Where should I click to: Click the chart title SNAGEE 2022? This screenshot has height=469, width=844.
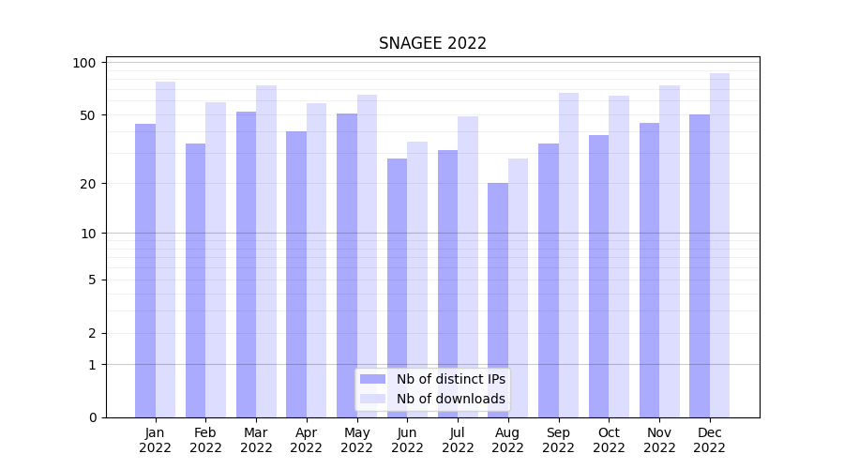pyautogui.click(x=432, y=43)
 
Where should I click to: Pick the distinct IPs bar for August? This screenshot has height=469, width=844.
pyautogui.click(x=498, y=300)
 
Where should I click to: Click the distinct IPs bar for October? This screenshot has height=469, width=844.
pyautogui.click(x=598, y=276)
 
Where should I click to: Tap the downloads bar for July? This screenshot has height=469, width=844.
pyautogui.click(x=468, y=266)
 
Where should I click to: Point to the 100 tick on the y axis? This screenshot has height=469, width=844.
pyautogui.click(x=85, y=63)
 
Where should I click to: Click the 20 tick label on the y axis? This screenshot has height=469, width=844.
pyautogui.click(x=85, y=183)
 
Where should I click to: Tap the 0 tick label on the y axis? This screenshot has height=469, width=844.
pyautogui.click(x=92, y=417)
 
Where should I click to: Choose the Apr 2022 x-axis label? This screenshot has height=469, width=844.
pyautogui.click(x=307, y=440)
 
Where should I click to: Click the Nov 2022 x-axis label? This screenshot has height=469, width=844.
pyautogui.click(x=659, y=440)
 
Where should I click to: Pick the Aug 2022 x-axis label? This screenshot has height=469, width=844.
pyautogui.click(x=508, y=440)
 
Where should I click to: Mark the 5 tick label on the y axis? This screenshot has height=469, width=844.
pyautogui.click(x=92, y=280)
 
